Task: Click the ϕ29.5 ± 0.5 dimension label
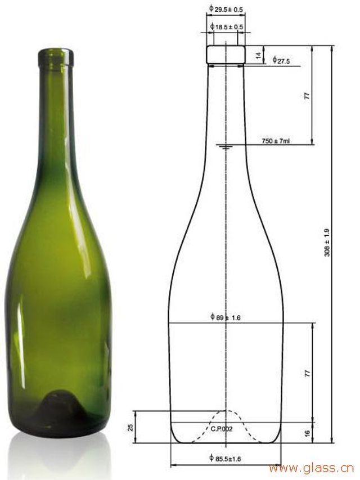point(226,9)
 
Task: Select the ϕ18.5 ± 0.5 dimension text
point(227,26)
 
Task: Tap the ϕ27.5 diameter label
point(281,60)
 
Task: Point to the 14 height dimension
point(259,55)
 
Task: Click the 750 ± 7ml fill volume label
point(276,141)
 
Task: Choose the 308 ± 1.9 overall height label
point(327,242)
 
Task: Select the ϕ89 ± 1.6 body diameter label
point(226,317)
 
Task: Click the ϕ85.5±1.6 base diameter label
point(225,458)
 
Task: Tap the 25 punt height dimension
point(130,428)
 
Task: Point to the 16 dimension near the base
point(308,433)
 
